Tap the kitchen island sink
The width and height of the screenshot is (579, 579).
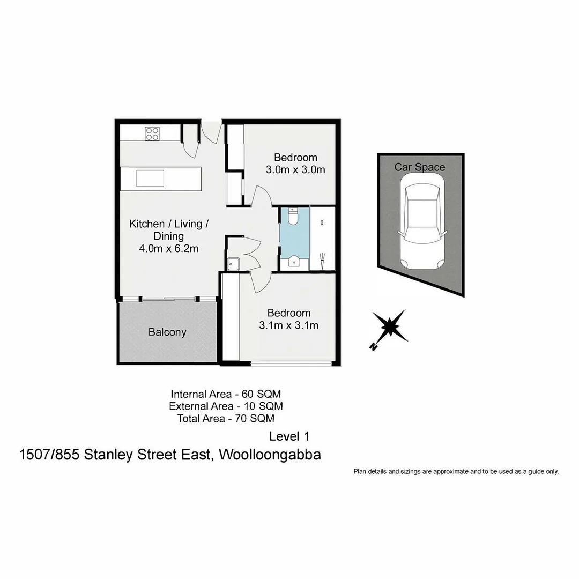pos(149,177)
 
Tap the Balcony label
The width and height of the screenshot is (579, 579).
pos(167,332)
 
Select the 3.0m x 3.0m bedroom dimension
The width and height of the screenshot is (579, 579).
pos(295,170)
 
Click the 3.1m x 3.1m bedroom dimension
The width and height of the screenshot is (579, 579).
pos(289,325)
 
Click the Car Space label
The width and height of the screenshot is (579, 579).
pos(420,167)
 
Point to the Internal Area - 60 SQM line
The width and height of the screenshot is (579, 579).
pos(226,393)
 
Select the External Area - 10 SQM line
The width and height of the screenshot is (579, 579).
pos(226,406)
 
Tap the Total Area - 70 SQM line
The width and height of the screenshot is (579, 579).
pos(226,419)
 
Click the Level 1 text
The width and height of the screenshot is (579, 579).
pos(289,436)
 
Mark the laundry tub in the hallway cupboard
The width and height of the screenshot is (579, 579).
pos(233,264)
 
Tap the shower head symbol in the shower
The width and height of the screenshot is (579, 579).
pos(322,262)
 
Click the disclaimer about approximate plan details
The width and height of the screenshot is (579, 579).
pos(456,472)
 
